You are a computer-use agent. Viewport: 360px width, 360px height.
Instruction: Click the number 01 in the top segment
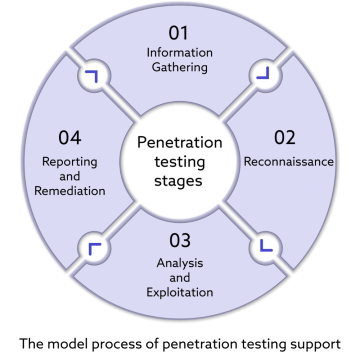[x=179, y=33]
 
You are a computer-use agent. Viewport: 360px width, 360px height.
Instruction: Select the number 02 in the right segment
[x=284, y=137]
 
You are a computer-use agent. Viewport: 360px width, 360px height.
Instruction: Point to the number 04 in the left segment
[x=70, y=137]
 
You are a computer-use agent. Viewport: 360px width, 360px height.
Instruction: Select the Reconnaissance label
[x=288, y=161]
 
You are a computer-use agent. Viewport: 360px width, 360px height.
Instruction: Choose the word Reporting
[x=69, y=161]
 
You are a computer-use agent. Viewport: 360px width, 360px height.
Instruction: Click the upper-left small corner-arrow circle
[x=93, y=76]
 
